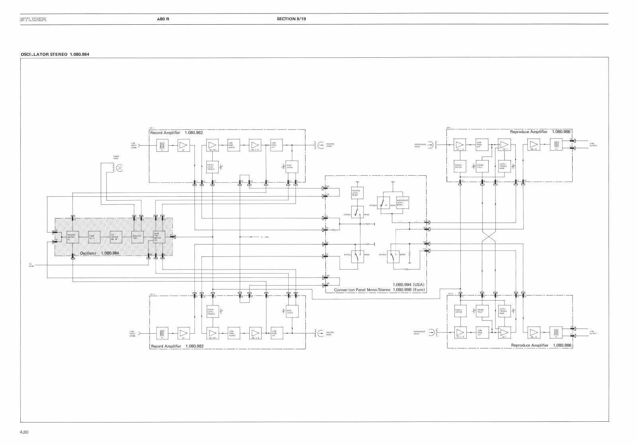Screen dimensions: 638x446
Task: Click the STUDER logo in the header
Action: coord(33,19)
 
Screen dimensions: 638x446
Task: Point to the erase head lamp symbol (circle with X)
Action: coord(119,168)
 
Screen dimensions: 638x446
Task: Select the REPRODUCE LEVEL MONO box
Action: coord(402,202)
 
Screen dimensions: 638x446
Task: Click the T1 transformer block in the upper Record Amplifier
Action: coord(162,145)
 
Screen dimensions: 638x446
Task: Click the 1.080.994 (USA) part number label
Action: coord(409,284)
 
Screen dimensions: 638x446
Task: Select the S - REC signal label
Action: coord(265,237)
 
